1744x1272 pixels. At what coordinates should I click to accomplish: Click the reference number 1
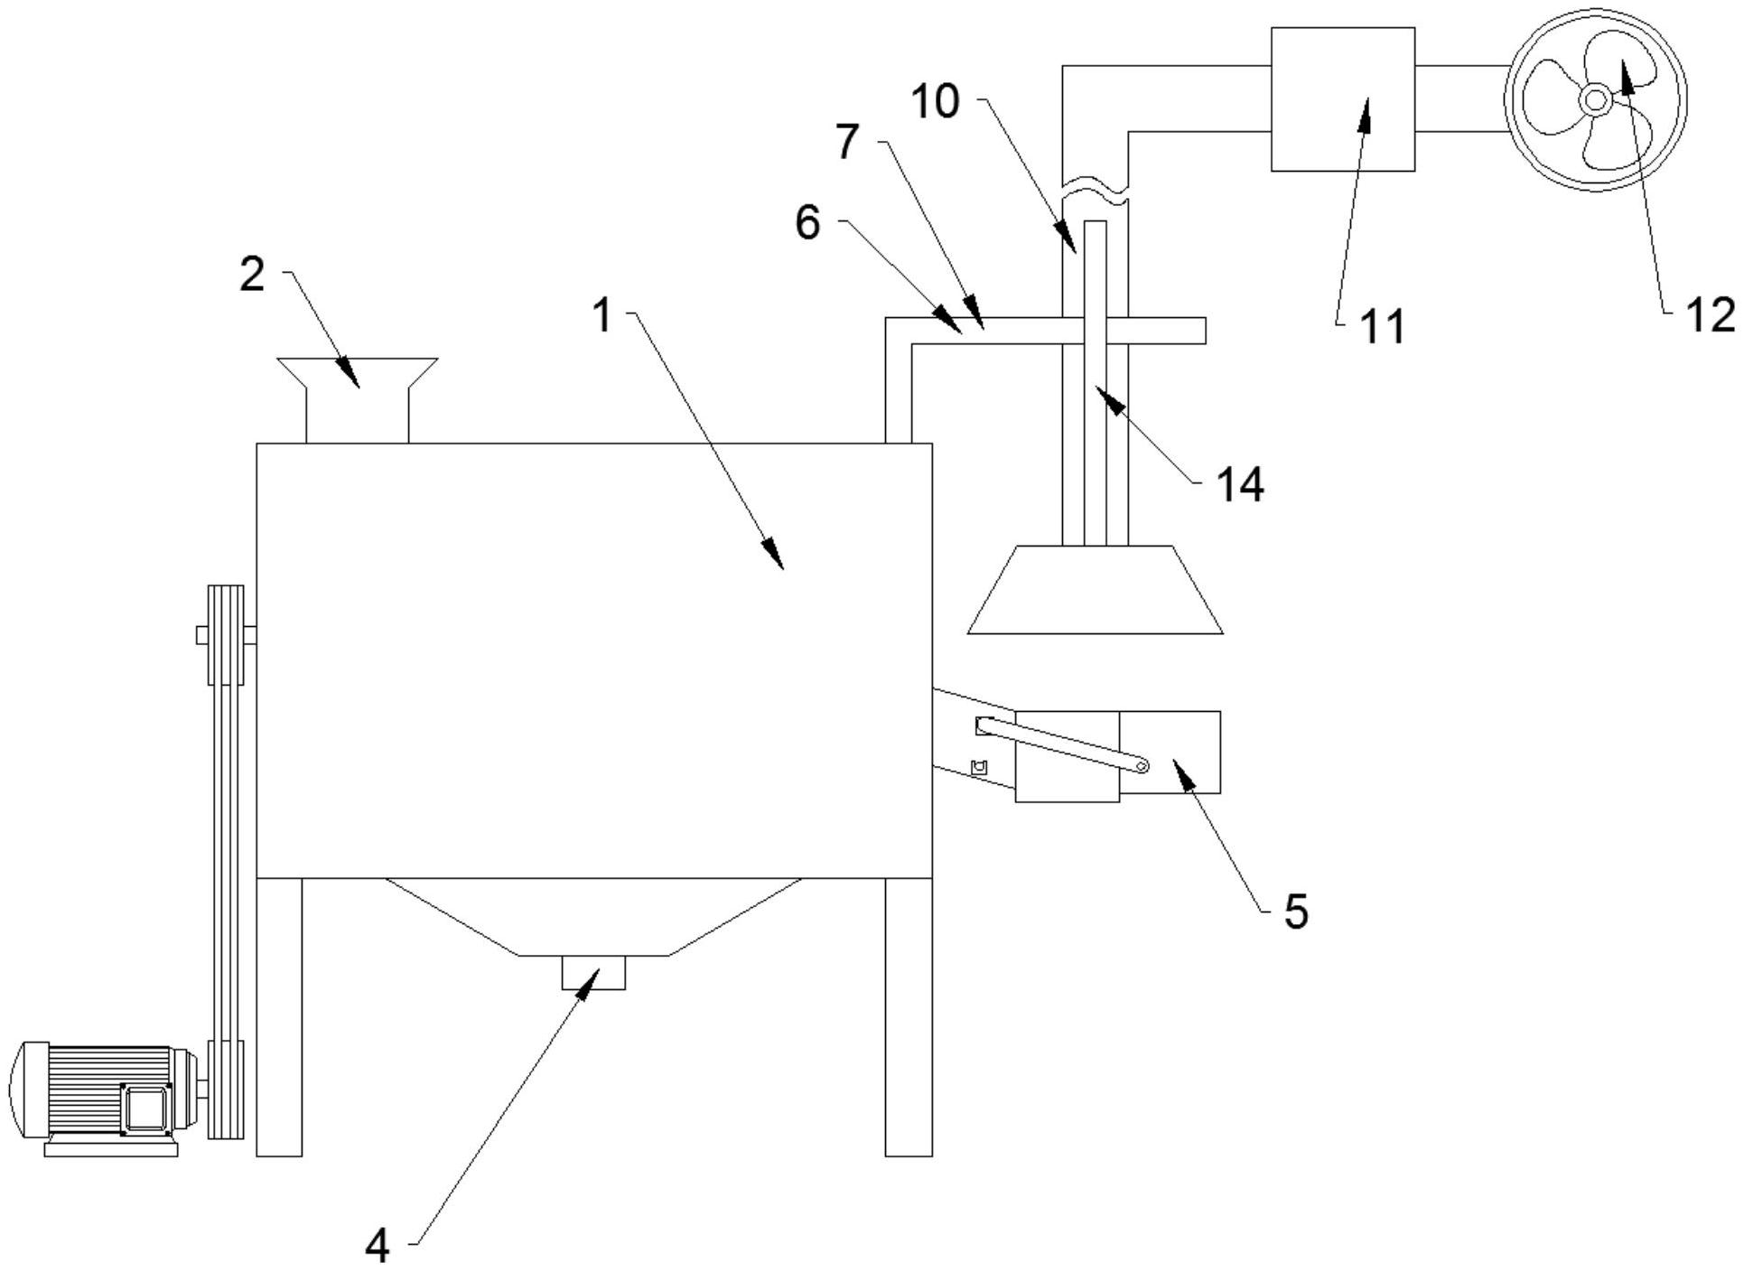tap(602, 316)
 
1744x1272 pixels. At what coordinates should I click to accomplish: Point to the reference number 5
tap(1295, 912)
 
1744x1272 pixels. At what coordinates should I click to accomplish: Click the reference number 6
tap(807, 222)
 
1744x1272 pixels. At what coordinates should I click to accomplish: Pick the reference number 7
tap(847, 142)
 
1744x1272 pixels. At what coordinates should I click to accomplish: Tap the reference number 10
tap(935, 101)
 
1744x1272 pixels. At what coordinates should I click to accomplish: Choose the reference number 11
tap(1382, 326)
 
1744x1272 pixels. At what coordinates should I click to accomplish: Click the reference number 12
tap(1710, 315)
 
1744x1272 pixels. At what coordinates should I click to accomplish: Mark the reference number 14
tap(1240, 485)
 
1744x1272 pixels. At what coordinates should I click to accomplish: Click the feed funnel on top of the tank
tap(358, 397)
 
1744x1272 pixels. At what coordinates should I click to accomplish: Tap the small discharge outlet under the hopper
tap(592, 972)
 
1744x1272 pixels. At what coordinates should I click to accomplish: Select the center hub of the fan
tap(1594, 99)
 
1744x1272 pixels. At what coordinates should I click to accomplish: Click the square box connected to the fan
tap(1342, 99)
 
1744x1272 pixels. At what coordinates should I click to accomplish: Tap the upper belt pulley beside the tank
tap(226, 635)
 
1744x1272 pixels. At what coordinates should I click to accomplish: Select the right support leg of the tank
tap(908, 1016)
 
